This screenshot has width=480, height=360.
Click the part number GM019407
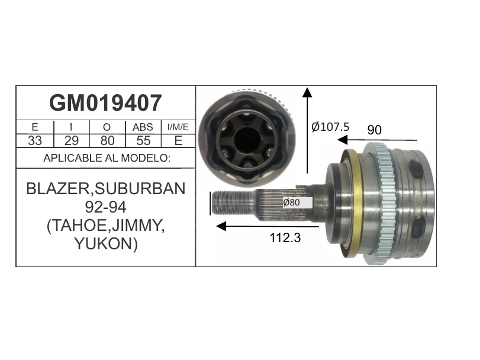point(105,103)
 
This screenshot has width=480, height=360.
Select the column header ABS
point(143,127)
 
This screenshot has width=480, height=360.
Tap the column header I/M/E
point(178,127)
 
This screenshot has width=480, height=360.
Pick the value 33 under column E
point(35,141)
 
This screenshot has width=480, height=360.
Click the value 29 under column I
point(72,141)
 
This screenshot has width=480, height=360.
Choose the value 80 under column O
point(108,141)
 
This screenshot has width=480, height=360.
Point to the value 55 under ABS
point(143,141)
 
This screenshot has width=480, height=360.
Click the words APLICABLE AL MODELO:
point(107,158)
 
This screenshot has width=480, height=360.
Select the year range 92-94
point(105,207)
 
